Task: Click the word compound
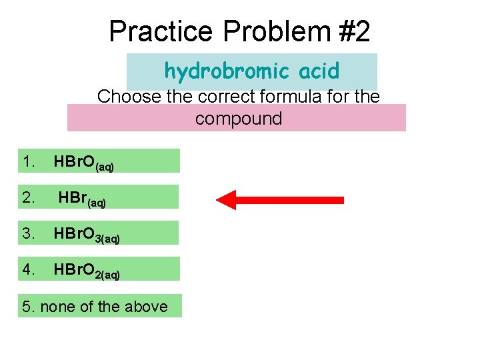(x=239, y=119)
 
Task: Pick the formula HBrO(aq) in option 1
(x=83, y=163)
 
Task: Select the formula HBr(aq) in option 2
(x=82, y=199)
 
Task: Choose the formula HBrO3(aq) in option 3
(x=86, y=235)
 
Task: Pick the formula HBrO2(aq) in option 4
(x=86, y=271)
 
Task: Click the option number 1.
(x=28, y=161)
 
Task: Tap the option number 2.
(x=28, y=197)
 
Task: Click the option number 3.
(x=28, y=233)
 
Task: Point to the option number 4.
(x=28, y=269)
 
